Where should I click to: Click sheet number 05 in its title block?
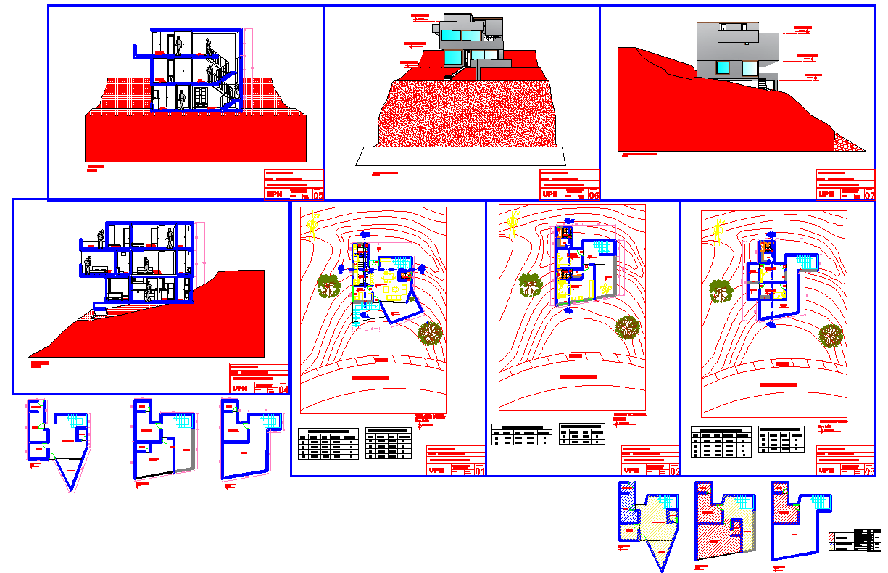coord(316,194)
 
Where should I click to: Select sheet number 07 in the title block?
coord(868,194)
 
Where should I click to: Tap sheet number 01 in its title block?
coord(478,471)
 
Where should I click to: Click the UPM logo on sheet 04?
coord(240,389)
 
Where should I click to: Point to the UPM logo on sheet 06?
coord(551,194)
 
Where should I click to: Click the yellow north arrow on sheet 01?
coord(312,225)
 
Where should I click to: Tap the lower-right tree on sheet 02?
coord(627,328)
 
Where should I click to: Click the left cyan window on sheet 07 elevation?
coord(722,67)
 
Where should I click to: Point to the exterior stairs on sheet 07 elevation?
coord(763,83)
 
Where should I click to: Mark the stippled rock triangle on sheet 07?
coord(847,142)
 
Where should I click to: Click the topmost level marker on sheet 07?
coord(802,29)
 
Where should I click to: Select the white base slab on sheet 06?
coord(461,155)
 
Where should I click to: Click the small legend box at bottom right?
coord(852,541)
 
